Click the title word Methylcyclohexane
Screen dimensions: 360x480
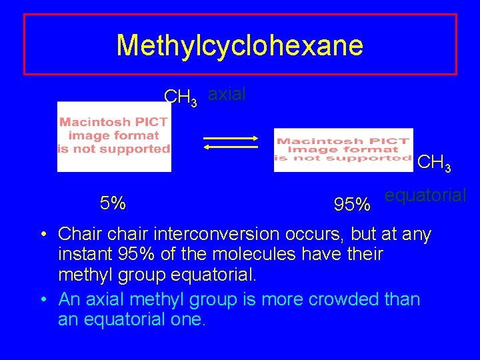(239, 45)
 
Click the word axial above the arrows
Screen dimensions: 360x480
(227, 95)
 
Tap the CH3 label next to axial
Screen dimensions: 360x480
(181, 98)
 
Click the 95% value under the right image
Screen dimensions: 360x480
(352, 205)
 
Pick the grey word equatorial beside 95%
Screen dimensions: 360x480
(426, 195)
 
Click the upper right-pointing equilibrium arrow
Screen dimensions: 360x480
(231, 137)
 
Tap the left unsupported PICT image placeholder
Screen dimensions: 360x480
(114, 137)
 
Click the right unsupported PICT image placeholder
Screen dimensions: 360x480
(343, 150)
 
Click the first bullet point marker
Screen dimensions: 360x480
(42, 235)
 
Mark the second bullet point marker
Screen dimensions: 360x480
(42, 300)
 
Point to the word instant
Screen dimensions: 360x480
(83, 254)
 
